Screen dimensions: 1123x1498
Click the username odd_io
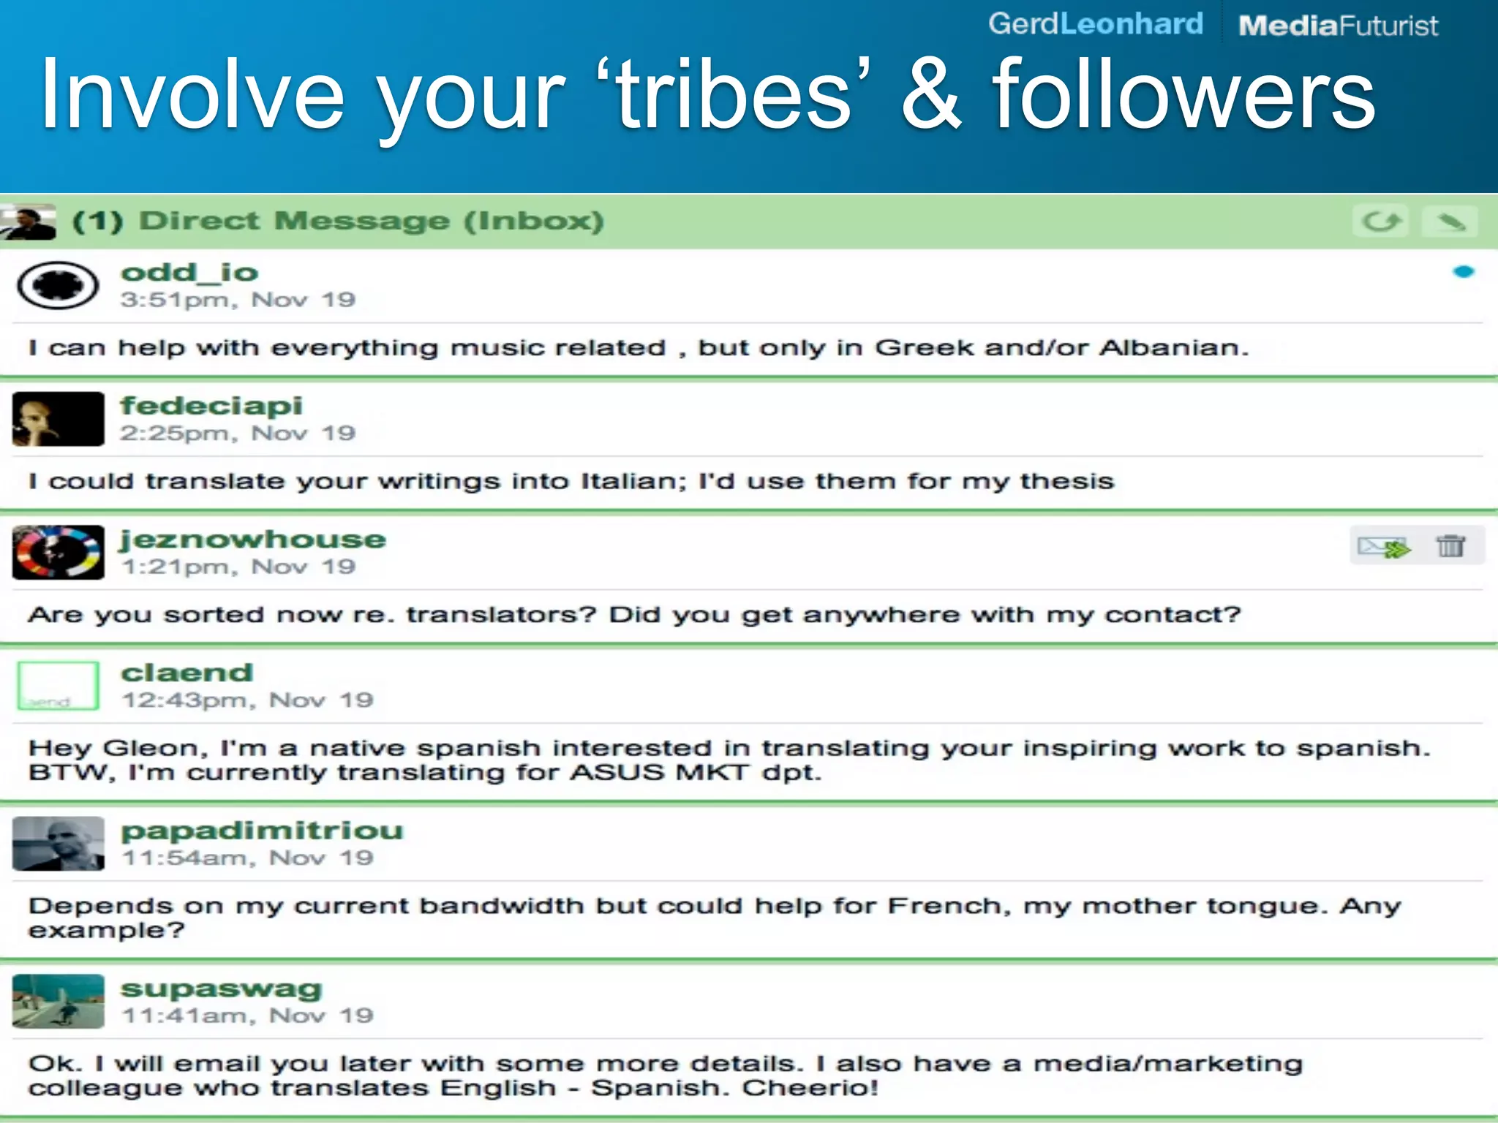[189, 273]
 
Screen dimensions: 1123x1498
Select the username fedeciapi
[211, 406]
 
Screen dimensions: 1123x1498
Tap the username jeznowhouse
[253, 540]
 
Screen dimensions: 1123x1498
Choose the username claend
[187, 673]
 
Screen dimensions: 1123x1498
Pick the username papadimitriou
[262, 831]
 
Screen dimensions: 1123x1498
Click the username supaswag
[221, 988]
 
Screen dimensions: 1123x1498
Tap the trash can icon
[1450, 546]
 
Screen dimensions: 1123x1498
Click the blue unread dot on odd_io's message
[1463, 272]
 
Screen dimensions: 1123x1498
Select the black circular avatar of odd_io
[58, 285]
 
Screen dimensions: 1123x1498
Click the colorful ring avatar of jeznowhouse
[58, 553]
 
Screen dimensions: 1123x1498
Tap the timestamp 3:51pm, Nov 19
[238, 300]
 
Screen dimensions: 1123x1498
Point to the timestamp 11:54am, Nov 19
[247, 858]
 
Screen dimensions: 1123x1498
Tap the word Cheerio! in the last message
[810, 1088]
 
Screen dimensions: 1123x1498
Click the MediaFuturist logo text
[1338, 26]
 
